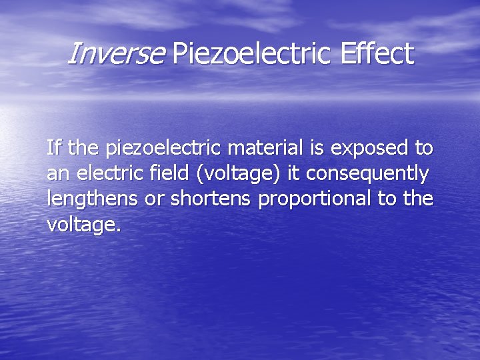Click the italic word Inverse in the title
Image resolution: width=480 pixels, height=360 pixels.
pyautogui.click(x=115, y=54)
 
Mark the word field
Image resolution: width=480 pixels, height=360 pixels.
pyautogui.click(x=169, y=173)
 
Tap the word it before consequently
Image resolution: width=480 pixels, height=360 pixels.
pyautogui.click(x=292, y=173)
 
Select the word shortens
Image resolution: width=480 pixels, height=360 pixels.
pyautogui.click(x=211, y=199)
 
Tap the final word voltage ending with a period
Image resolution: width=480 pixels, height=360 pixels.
pyautogui.click(x=84, y=225)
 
